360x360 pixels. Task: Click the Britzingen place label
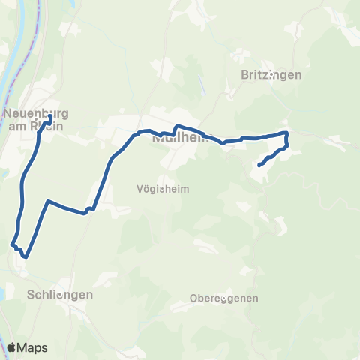(x=271, y=74)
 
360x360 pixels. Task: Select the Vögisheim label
(x=163, y=189)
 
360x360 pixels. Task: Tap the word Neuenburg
(x=36, y=114)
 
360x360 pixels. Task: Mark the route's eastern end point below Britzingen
(x=259, y=164)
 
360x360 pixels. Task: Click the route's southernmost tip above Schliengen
(x=25, y=256)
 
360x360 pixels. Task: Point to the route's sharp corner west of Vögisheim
(x=48, y=201)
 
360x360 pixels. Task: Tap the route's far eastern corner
(x=287, y=133)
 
